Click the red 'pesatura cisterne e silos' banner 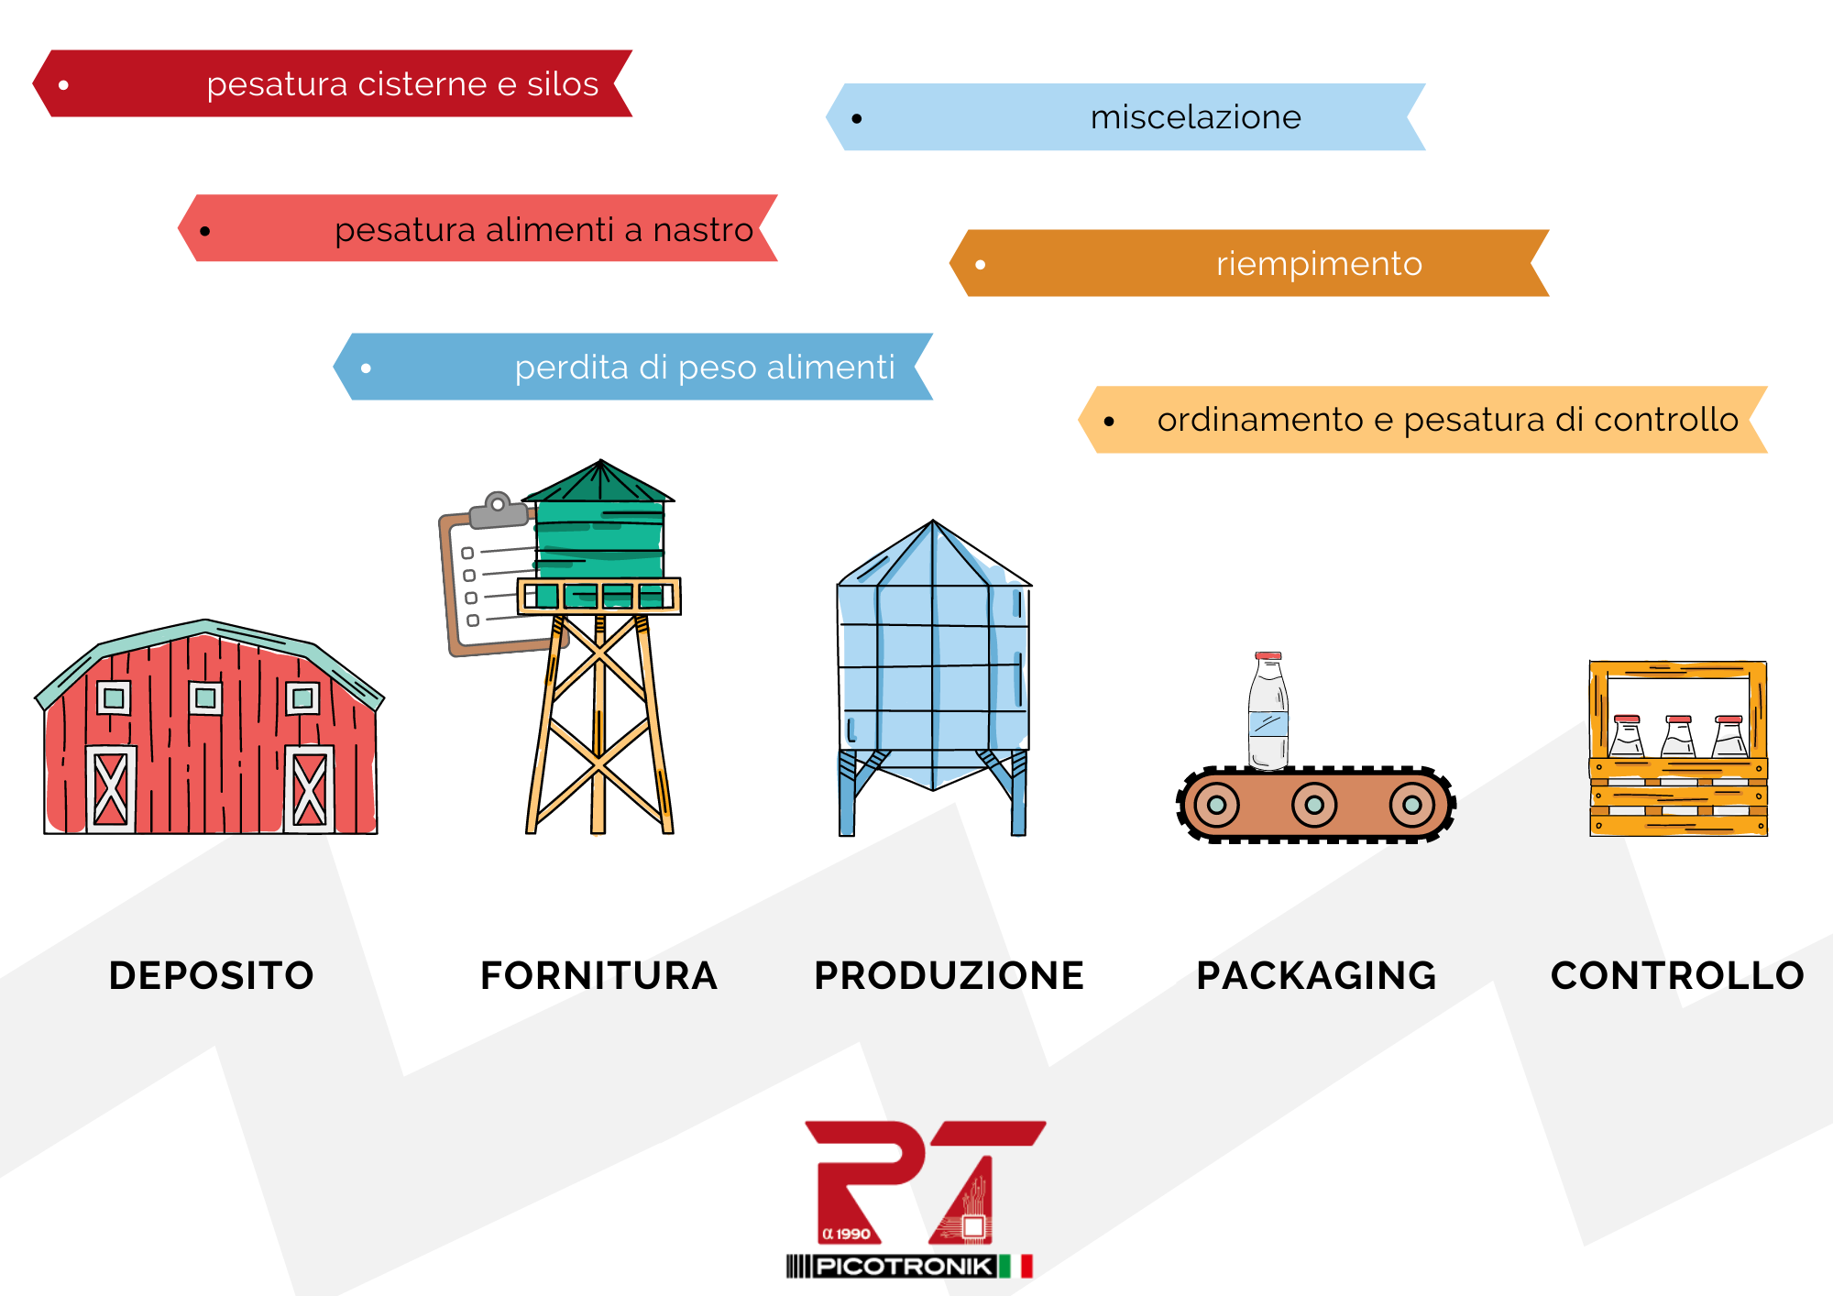pos(333,83)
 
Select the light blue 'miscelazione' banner pos(1125,117)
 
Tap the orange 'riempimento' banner pos(1249,263)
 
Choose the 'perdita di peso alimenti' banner pos(633,367)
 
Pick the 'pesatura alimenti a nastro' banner pos(477,228)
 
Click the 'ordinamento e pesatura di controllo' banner pos(1422,420)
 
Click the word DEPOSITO pos(212,975)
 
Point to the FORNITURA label pos(598,975)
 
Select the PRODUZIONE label pos(949,975)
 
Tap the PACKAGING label pos(1316,975)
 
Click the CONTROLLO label pos(1677,975)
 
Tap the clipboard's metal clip pos(499,511)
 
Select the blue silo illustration pos(933,678)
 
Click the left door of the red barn pos(111,788)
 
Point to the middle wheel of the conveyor pos(1314,805)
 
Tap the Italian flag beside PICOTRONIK pos(1015,1267)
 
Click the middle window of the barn pos(205,698)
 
